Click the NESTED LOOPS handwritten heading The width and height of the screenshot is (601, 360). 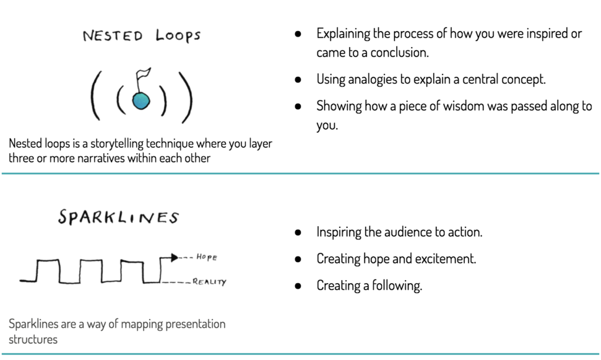[x=141, y=36]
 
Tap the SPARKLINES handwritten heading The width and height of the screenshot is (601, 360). [x=118, y=217]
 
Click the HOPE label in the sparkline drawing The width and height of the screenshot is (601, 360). [x=207, y=257]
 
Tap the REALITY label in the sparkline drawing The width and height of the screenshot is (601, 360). [x=209, y=282]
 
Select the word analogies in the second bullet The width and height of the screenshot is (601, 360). [x=373, y=79]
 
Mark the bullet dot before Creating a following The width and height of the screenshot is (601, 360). [x=299, y=286]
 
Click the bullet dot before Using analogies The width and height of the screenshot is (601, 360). [x=299, y=79]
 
